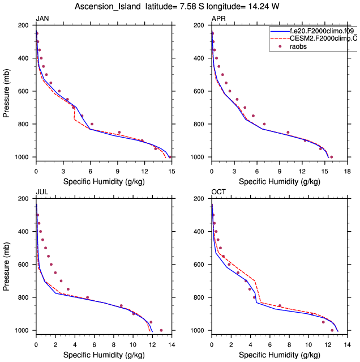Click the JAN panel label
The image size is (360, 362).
click(x=42, y=19)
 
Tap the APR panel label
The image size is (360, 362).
click(x=218, y=19)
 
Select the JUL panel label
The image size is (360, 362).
click(x=41, y=193)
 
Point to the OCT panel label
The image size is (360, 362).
click(x=218, y=193)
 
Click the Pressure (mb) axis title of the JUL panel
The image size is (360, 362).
click(x=7, y=265)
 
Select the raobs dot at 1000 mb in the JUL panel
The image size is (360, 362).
click(x=161, y=330)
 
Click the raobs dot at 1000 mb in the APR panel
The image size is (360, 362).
click(x=332, y=157)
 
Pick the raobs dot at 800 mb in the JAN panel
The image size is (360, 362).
click(x=92, y=124)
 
